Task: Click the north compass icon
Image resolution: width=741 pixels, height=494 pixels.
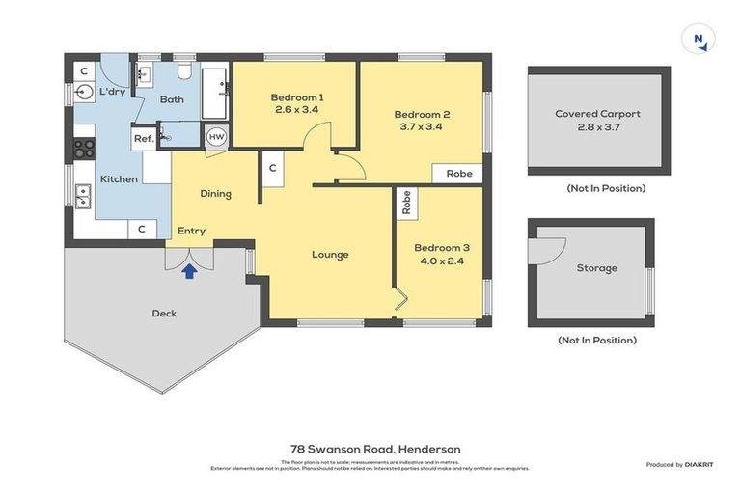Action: tap(698, 40)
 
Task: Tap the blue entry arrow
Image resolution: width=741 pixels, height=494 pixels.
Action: tap(190, 271)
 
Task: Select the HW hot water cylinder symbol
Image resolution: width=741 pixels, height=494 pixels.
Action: tap(216, 137)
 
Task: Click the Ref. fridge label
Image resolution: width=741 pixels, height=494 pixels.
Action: tap(144, 139)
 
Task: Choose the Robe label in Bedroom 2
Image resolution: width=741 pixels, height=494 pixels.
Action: tap(458, 174)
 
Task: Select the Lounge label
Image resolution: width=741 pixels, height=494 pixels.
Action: tap(330, 255)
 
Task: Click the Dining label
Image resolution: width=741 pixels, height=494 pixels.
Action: tap(215, 194)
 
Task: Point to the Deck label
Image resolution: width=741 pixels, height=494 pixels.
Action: tap(165, 313)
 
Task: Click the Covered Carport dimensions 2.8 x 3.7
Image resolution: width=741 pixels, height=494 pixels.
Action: tap(597, 126)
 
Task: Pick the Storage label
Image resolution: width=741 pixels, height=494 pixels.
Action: tap(596, 268)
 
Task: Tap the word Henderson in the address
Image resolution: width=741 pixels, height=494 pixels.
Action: tap(430, 449)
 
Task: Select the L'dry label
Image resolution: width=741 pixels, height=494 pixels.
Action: tap(113, 93)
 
